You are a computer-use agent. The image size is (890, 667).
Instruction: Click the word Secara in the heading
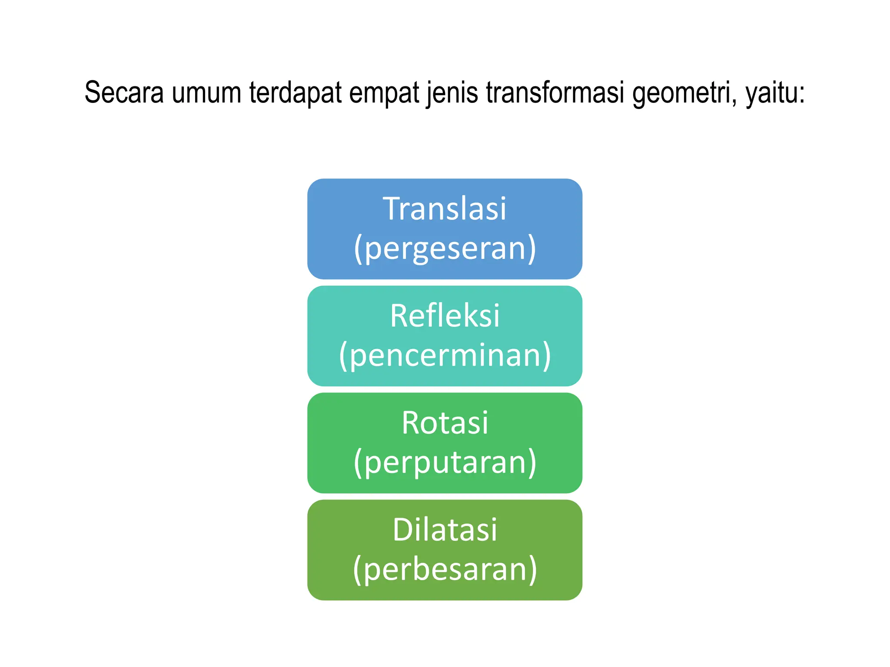124,93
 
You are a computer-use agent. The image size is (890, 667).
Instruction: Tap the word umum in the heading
206,93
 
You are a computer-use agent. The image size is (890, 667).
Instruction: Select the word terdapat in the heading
295,93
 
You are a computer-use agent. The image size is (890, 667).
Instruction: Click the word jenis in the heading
452,93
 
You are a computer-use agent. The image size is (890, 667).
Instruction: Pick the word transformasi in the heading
555,93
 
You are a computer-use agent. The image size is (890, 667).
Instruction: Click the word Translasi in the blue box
445,209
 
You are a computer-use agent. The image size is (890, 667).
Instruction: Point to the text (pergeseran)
445,248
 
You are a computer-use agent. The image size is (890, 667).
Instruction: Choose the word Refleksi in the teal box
445,316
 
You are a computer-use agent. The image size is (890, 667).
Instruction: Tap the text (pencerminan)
445,355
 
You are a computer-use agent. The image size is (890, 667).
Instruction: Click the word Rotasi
445,423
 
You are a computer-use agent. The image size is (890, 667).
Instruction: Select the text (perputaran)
445,462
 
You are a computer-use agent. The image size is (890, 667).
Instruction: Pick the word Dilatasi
445,530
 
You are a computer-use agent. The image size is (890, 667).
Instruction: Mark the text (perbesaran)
445,569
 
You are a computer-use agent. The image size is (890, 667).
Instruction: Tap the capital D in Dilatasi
403,530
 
